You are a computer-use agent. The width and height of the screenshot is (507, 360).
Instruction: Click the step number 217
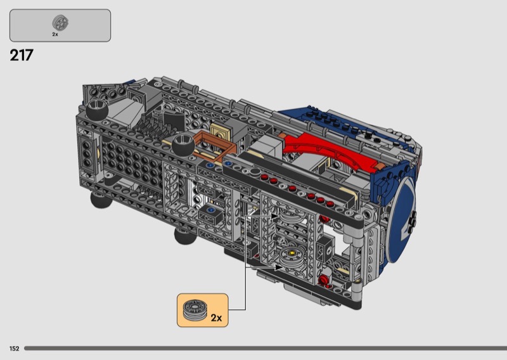(x=22, y=55)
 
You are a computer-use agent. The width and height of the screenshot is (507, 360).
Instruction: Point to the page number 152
(x=14, y=349)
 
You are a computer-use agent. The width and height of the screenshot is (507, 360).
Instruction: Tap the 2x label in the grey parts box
(x=55, y=34)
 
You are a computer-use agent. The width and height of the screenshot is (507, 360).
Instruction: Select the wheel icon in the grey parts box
(x=60, y=23)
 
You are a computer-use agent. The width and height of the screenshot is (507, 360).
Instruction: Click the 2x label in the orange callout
(x=216, y=318)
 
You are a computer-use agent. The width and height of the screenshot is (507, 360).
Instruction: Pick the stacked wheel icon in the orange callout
(x=196, y=309)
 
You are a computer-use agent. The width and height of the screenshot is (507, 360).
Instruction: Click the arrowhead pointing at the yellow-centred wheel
(x=278, y=267)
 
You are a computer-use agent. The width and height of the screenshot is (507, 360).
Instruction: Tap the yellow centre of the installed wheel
(x=292, y=253)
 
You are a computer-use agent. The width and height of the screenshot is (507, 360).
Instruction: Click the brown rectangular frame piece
(x=214, y=147)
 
